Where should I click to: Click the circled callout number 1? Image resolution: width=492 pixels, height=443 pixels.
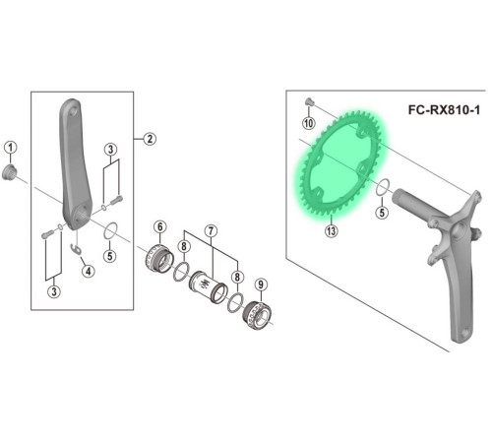click(11, 148)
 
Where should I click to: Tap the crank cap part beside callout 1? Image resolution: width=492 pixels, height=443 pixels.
click(9, 172)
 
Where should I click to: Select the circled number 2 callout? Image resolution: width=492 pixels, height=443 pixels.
click(150, 139)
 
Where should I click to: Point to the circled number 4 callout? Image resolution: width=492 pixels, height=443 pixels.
click(88, 271)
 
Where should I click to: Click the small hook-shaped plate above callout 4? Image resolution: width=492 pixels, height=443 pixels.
click(77, 249)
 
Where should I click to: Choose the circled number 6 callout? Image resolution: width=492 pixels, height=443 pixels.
click(160, 226)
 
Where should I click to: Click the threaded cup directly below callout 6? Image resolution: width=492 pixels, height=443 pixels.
click(158, 261)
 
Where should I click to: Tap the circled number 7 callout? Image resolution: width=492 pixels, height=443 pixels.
click(211, 231)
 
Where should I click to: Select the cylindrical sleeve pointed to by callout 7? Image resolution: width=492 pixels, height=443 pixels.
click(208, 286)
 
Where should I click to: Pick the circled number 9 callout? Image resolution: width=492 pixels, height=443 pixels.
click(261, 285)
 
